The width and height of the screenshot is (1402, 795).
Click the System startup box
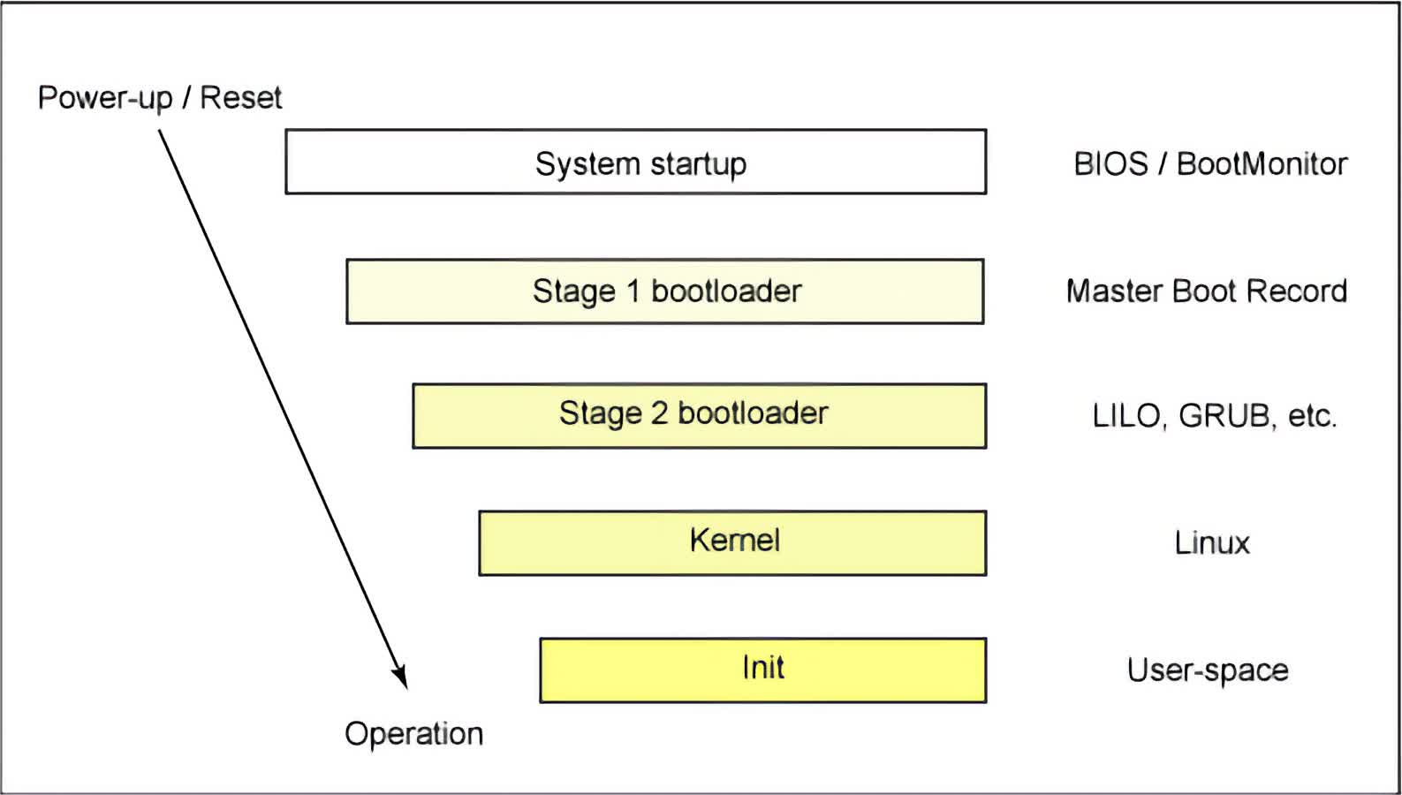(x=636, y=162)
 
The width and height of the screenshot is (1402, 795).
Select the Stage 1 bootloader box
(x=664, y=291)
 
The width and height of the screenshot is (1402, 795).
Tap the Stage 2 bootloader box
(x=699, y=416)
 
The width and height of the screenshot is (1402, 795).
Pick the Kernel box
(x=732, y=542)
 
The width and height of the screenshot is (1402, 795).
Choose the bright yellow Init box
(x=763, y=670)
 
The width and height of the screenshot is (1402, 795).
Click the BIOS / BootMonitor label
(x=1210, y=164)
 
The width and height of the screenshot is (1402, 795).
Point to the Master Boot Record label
(x=1207, y=291)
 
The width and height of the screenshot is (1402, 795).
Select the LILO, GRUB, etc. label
(x=1214, y=416)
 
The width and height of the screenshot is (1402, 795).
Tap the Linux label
(x=1212, y=542)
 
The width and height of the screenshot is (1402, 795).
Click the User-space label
(x=1208, y=670)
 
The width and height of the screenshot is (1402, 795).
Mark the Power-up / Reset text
(x=160, y=98)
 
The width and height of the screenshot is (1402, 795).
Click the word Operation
(x=413, y=734)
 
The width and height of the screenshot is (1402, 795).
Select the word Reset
(x=241, y=98)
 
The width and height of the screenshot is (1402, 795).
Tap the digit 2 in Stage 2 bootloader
(x=659, y=413)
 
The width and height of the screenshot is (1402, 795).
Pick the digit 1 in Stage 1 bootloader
(x=633, y=291)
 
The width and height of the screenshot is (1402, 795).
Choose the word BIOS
(x=1111, y=164)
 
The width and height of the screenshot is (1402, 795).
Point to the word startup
(x=699, y=164)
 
